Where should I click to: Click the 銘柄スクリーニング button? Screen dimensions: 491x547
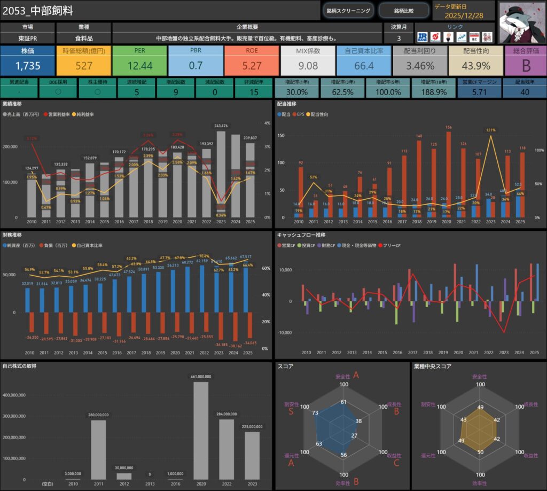[x=348, y=10]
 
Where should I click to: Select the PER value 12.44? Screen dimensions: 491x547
[x=139, y=66]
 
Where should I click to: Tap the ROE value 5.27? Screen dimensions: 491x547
[x=252, y=66]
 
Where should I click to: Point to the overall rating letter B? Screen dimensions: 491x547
[x=526, y=66]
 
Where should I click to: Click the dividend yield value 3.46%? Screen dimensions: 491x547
[x=420, y=66]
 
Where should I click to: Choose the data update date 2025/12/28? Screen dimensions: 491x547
[x=464, y=15]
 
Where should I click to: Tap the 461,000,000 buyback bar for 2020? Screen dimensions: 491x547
[x=201, y=431]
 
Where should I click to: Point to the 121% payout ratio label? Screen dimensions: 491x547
[x=491, y=130]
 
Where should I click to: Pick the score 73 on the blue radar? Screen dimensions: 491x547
[x=316, y=413]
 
